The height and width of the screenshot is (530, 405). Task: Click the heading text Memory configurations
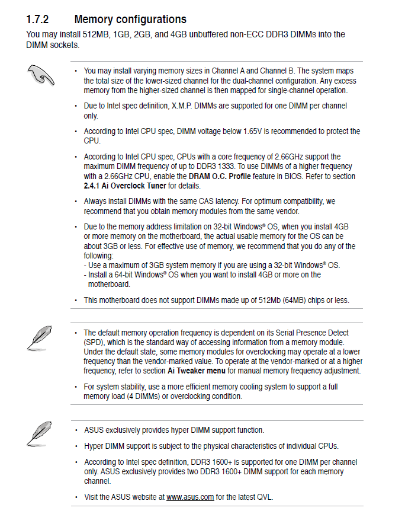coord(130,20)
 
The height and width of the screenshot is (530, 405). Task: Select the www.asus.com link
coord(190,497)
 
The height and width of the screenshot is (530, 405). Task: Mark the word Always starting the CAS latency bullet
coord(95,202)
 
